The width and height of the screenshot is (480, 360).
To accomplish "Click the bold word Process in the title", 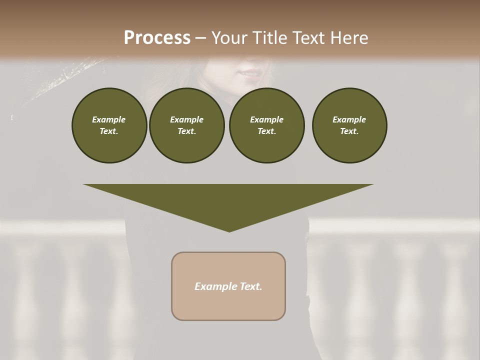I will (157, 38).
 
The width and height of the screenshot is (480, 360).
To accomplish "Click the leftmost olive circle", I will (109, 125).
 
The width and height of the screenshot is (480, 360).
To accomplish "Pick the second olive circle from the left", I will (186, 125).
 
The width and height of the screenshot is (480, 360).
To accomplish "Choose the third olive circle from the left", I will (266, 125).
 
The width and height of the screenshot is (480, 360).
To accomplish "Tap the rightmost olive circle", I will (349, 125).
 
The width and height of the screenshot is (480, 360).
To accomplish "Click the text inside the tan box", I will (228, 286).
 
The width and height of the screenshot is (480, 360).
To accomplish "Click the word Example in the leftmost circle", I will (109, 119).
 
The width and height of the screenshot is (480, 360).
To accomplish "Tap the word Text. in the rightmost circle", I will (349, 131).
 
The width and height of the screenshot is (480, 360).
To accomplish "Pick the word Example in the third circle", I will (266, 119).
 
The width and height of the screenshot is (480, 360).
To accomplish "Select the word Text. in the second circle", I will (186, 131).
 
